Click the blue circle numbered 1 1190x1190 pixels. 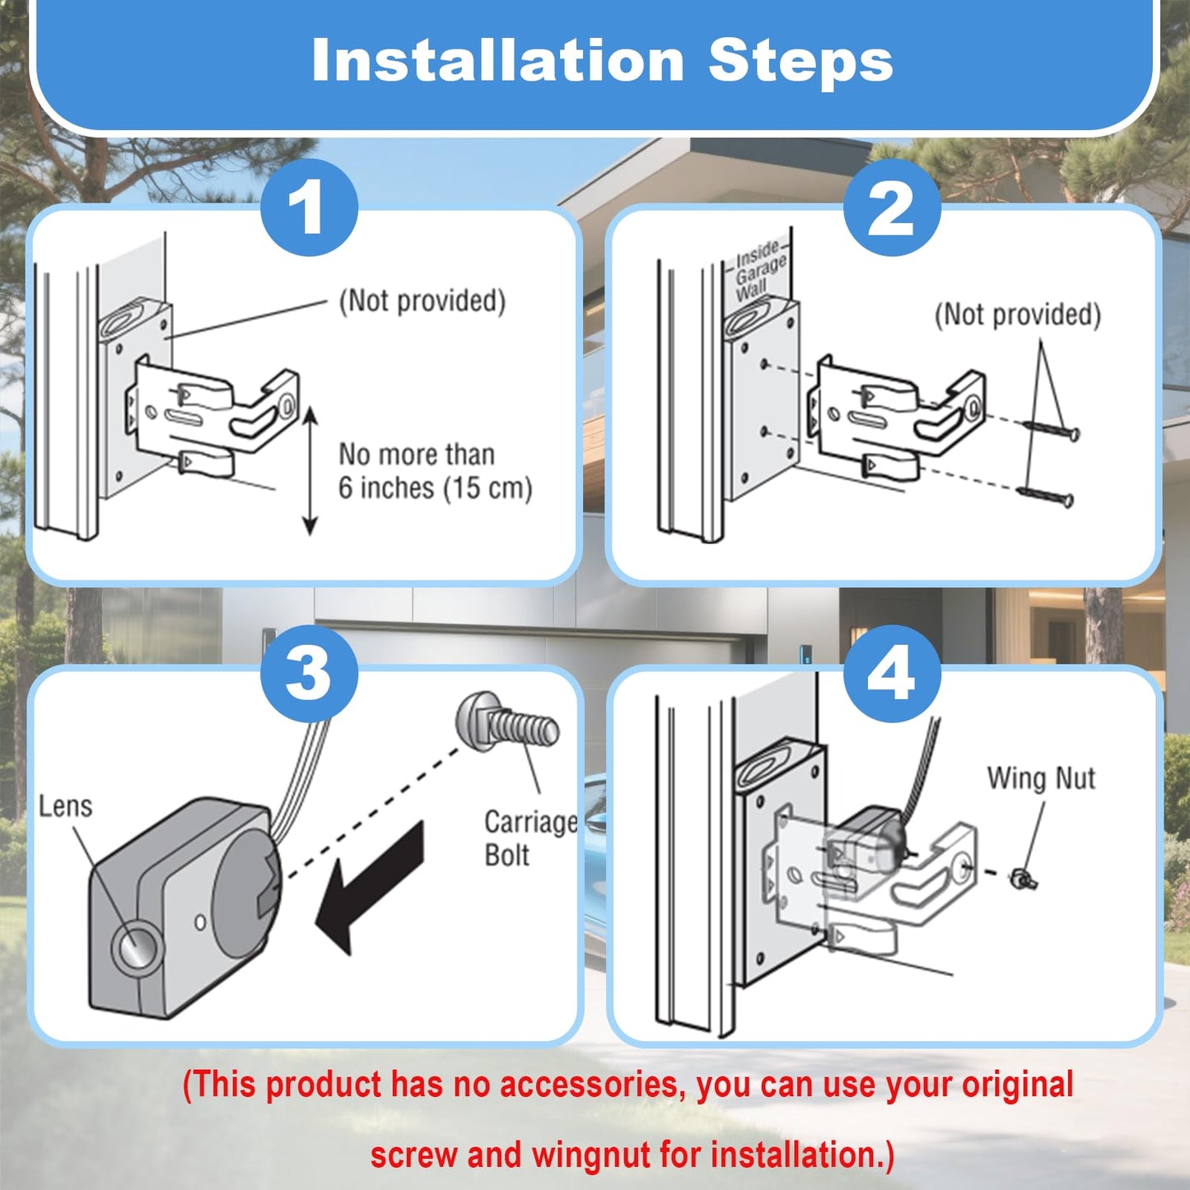click(x=309, y=207)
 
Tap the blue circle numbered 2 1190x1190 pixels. click(x=892, y=207)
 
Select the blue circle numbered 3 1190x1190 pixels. click(x=309, y=673)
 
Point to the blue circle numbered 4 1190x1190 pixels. click(x=892, y=673)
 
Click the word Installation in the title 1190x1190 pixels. click(x=497, y=60)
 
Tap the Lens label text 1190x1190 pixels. click(x=65, y=806)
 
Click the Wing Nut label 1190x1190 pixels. click(x=1041, y=778)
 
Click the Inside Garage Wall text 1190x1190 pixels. click(x=759, y=272)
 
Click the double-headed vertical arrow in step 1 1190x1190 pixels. click(x=310, y=470)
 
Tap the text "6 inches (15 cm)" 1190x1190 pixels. click(x=436, y=488)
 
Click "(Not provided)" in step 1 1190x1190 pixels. click(x=422, y=301)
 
